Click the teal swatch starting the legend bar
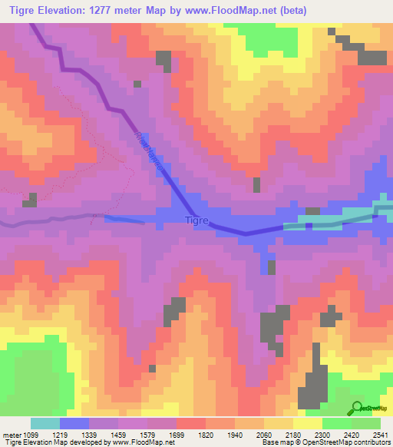pyautogui.click(x=45, y=423)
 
